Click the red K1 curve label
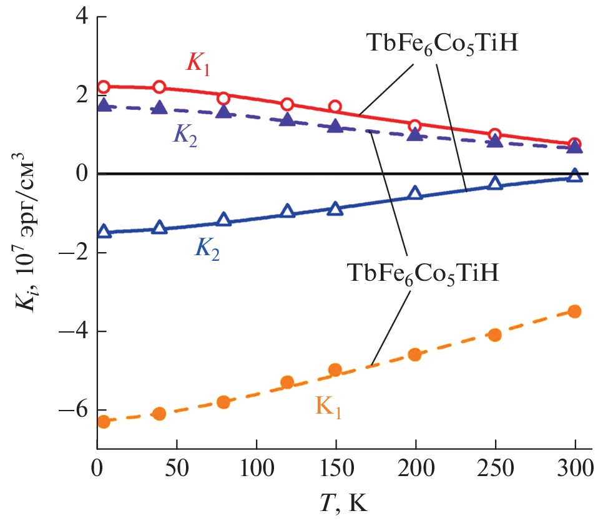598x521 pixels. (x=197, y=63)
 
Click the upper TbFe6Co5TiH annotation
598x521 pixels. (x=441, y=45)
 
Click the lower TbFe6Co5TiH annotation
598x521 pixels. (x=421, y=274)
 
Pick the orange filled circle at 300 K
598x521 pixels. (x=574, y=311)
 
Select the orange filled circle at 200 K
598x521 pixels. (x=415, y=354)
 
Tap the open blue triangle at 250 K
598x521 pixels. (x=495, y=183)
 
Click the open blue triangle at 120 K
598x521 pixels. (x=287, y=211)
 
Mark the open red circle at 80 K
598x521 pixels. (x=223, y=99)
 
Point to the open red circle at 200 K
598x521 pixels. (x=415, y=126)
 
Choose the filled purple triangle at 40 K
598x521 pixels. (x=160, y=107)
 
